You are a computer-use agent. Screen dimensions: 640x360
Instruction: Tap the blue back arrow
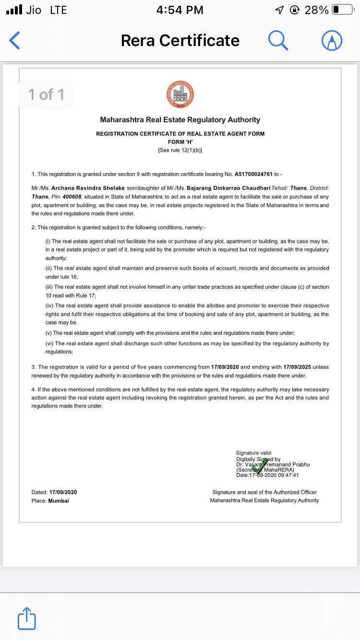pyautogui.click(x=15, y=41)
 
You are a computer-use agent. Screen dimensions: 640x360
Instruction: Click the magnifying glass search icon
pyautogui.click(x=278, y=40)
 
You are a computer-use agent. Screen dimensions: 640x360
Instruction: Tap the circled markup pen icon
pyautogui.click(x=331, y=41)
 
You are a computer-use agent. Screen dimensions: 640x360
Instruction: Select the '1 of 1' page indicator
pyautogui.click(x=46, y=95)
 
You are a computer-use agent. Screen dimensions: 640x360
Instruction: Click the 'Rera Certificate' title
pyautogui.click(x=180, y=41)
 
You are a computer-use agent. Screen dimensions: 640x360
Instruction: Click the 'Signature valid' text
pyautogui.click(x=253, y=452)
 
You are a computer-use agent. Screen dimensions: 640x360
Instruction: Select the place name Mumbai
pyautogui.click(x=59, y=500)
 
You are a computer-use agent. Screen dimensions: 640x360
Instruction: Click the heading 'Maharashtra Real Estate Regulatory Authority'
pyautogui.click(x=180, y=120)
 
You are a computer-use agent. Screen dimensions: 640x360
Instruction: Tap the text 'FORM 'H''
pyautogui.click(x=180, y=142)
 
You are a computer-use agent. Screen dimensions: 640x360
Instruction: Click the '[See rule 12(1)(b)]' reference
pyautogui.click(x=180, y=150)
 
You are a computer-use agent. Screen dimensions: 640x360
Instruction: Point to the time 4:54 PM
pyautogui.click(x=180, y=10)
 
